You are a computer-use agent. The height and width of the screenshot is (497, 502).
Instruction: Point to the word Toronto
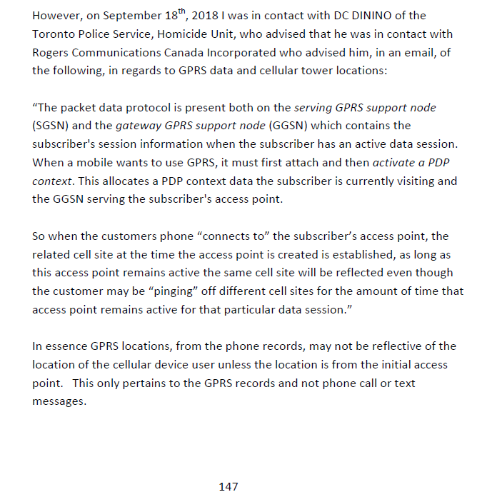coord(54,34)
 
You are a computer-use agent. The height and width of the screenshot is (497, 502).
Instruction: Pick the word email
coord(396,52)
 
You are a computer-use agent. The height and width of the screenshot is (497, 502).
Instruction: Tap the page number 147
coord(228,486)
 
